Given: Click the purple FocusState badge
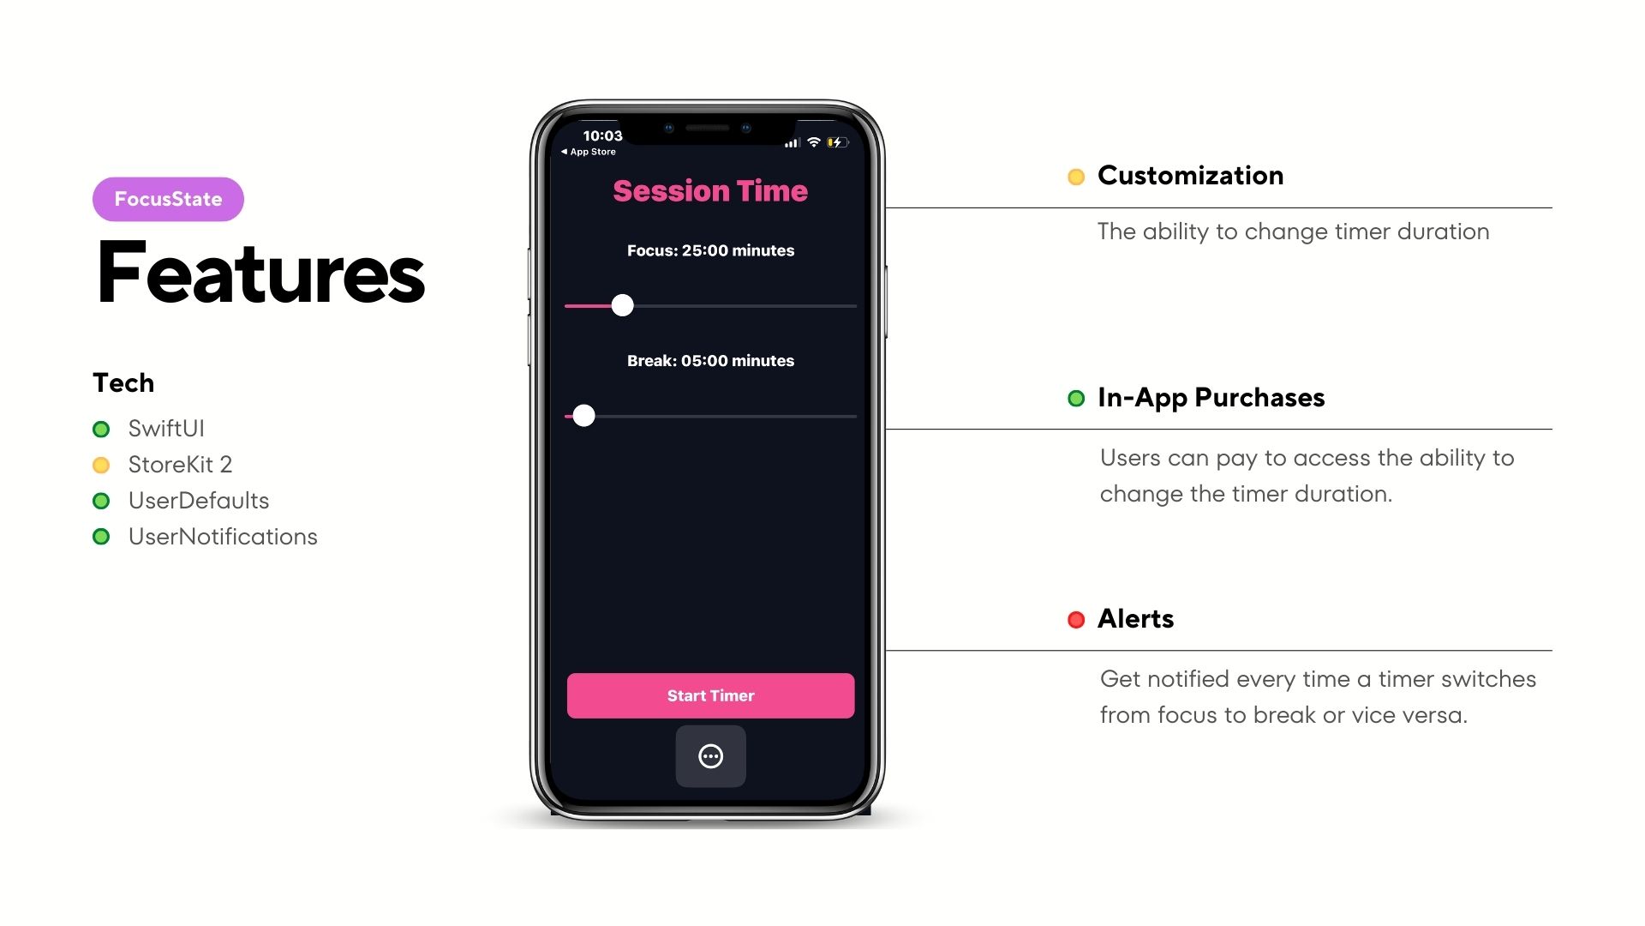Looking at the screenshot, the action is (x=168, y=199).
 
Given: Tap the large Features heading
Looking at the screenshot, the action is (x=260, y=273).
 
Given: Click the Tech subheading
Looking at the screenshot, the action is (x=123, y=382).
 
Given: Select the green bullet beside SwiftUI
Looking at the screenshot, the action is (x=101, y=429).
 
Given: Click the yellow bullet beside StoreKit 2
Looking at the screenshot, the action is (x=101, y=465).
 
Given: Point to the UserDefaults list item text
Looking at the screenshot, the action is (x=199, y=501).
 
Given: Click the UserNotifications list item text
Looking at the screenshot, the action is (x=223, y=537).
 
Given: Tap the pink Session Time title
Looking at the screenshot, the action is (x=710, y=190).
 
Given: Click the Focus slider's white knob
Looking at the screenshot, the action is (x=623, y=305).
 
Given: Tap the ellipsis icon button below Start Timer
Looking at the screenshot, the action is (x=711, y=756).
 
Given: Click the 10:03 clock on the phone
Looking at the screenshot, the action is (x=602, y=135).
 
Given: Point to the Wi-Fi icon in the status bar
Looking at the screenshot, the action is (x=814, y=142).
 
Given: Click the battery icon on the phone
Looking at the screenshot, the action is (x=837, y=142).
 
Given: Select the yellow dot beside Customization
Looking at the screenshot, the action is (x=1076, y=177).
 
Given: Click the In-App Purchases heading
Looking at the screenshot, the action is (x=1211, y=398).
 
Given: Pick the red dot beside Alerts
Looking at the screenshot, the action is (x=1076, y=620).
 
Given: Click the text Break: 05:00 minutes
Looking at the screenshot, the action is (x=710, y=361).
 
